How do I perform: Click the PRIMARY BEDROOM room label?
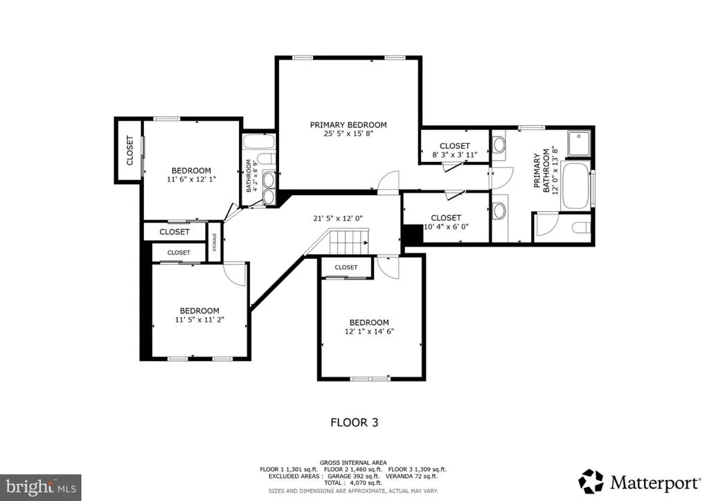coord(348,125)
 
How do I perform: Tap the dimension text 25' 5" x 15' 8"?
coord(348,134)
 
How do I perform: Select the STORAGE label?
coord(215,242)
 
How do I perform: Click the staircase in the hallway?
coord(349,242)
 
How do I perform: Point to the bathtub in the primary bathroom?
coord(575,185)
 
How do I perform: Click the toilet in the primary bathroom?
coord(581,227)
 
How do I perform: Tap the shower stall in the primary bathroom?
coord(580,143)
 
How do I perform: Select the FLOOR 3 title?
coord(354,422)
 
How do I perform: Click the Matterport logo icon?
coord(591,482)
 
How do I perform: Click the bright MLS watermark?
coord(41,487)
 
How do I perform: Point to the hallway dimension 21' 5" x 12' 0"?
coord(338,218)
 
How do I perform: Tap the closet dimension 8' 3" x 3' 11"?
coord(454,155)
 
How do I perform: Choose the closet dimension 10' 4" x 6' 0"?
coord(446,227)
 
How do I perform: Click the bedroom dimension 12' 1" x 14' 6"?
coord(369,331)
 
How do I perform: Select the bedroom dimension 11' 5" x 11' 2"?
coord(199,320)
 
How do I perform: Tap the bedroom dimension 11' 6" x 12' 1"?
coord(191,179)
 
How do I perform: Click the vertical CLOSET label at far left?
coord(129,150)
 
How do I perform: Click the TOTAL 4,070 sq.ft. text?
coord(353,483)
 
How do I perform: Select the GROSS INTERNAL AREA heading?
coord(353,463)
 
